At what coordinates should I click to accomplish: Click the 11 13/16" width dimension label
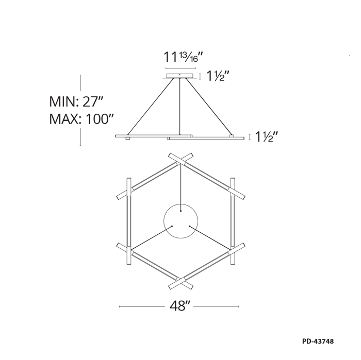click(180, 57)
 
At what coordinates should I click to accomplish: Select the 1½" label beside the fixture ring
click(267, 137)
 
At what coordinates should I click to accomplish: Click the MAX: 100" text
click(81, 119)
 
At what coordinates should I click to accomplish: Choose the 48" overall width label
click(180, 306)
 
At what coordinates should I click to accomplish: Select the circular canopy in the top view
click(180, 222)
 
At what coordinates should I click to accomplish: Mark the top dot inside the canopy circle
click(180, 211)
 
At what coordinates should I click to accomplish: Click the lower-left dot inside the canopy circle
click(171, 227)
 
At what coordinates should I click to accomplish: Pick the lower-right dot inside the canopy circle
click(189, 227)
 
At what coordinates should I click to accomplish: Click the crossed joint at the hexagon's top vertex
click(180, 159)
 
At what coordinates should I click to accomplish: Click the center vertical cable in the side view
click(180, 106)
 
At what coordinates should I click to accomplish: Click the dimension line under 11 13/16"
click(180, 67)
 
